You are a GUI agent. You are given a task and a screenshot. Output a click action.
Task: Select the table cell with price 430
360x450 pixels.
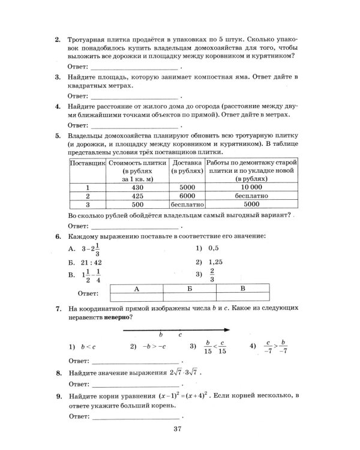(x=137, y=187)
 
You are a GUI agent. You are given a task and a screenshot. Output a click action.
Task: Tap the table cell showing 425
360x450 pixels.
(x=137, y=196)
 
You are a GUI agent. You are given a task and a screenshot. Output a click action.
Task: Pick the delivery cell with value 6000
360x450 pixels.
(x=186, y=196)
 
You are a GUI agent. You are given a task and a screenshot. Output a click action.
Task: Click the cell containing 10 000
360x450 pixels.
(x=251, y=187)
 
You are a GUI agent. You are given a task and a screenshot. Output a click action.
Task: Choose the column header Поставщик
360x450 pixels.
(x=88, y=163)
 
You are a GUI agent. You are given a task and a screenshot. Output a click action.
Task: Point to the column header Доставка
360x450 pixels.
(x=186, y=163)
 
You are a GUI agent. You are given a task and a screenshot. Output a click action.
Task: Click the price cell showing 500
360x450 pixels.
(x=137, y=204)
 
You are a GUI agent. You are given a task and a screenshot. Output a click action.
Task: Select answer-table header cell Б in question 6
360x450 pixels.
(x=189, y=289)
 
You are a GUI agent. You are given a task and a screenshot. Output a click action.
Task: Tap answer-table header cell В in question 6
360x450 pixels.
(x=242, y=289)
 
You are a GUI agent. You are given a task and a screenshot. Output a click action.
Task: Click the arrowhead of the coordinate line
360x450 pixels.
(x=229, y=329)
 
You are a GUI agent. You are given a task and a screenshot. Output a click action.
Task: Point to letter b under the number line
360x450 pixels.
(x=161, y=334)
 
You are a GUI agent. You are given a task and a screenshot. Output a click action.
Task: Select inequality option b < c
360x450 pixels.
(x=80, y=347)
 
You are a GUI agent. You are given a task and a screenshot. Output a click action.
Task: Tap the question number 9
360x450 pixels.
(x=58, y=397)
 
